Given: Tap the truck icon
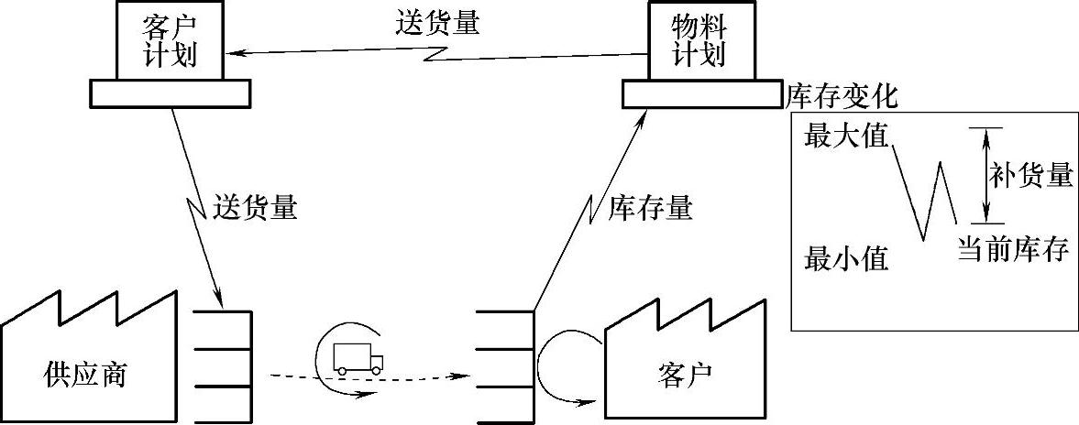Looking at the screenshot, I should pos(357,356).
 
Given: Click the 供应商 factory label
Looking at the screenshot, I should pos(85,375).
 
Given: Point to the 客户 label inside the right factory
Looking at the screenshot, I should pos(685,375).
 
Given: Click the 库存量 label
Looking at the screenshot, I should pos(650,209).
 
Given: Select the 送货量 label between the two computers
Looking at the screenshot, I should pos(438,22).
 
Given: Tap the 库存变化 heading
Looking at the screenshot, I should pos(842,95).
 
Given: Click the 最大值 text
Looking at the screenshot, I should pos(846,136).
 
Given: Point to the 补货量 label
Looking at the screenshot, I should pos(1030,175).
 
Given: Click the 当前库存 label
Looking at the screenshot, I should pos(1013,248).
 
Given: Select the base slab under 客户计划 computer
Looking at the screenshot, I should pos(171,92).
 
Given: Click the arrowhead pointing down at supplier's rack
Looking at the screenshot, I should pos(219,300).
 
